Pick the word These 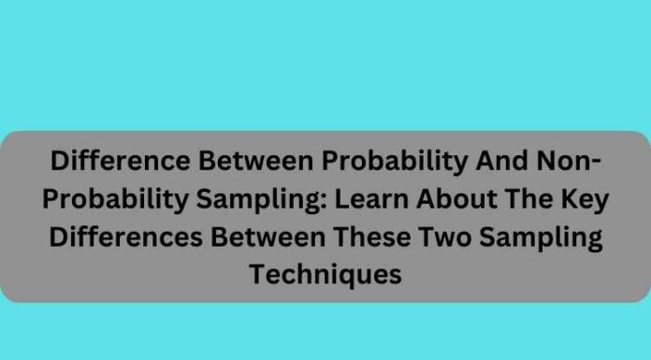pyautogui.click(x=380, y=237)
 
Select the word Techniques pyautogui.click(x=325, y=274)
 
